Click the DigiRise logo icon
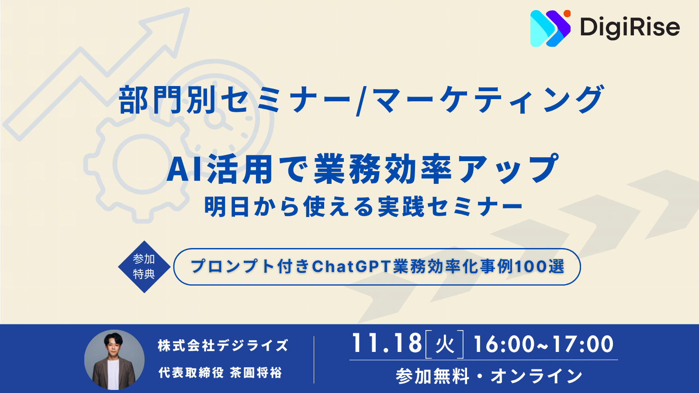click(550, 28)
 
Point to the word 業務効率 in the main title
click(383, 169)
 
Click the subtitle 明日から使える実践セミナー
click(364, 207)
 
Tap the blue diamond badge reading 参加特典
click(144, 267)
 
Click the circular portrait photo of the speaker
click(114, 360)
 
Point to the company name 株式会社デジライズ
click(223, 345)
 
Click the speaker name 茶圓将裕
click(256, 372)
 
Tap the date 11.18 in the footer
click(387, 343)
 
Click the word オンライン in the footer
click(536, 376)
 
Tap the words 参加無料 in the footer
click(433, 376)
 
